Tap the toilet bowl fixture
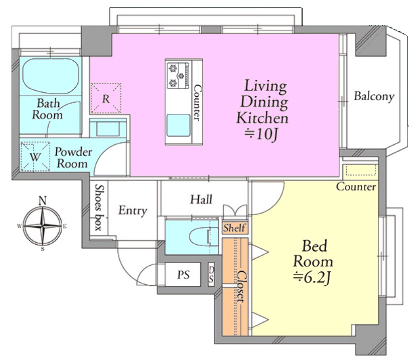[x=201, y=236]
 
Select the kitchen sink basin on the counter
[x=178, y=125]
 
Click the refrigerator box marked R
[x=106, y=98]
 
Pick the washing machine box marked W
[x=35, y=156]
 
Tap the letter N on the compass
[x=43, y=201]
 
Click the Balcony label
[x=374, y=96]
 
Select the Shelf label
[x=234, y=228]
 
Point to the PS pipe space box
[x=183, y=274]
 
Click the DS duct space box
[x=211, y=274]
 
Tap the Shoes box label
[x=99, y=207]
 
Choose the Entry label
[x=132, y=211]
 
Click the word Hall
[x=201, y=200]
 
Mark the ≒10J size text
[x=261, y=134]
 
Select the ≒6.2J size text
[x=312, y=278]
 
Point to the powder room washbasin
[x=108, y=128]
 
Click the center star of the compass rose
[x=43, y=226]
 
